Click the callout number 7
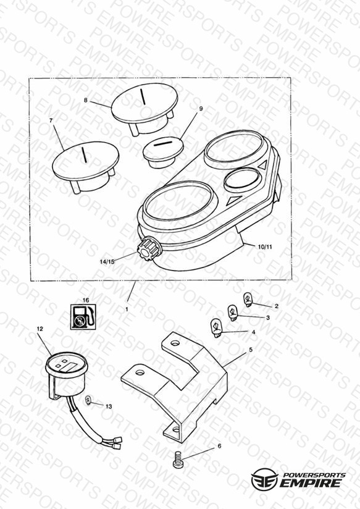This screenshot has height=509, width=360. tap(51, 120)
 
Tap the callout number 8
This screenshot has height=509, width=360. tap(86, 100)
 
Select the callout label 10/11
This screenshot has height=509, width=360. tap(265, 246)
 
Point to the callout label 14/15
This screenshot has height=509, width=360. tap(107, 262)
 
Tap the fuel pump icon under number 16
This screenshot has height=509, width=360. tap(83, 316)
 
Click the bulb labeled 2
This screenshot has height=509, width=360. tap(248, 300)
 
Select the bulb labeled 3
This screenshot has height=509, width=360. tap(233, 313)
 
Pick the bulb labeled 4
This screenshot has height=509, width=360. tap(217, 327)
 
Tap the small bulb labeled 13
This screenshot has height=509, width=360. tap(88, 402)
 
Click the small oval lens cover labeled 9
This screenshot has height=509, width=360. tap(163, 151)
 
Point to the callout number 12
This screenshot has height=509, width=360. tap(40, 329)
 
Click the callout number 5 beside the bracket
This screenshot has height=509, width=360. tap(251, 350)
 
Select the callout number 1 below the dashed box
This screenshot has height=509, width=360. tap(127, 309)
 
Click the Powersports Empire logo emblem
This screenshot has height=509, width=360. tap(264, 479)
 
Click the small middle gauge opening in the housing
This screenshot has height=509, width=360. tap(242, 179)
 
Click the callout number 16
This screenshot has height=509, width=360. tap(86, 300)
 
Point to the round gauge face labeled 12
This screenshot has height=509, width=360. tap(66, 364)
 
